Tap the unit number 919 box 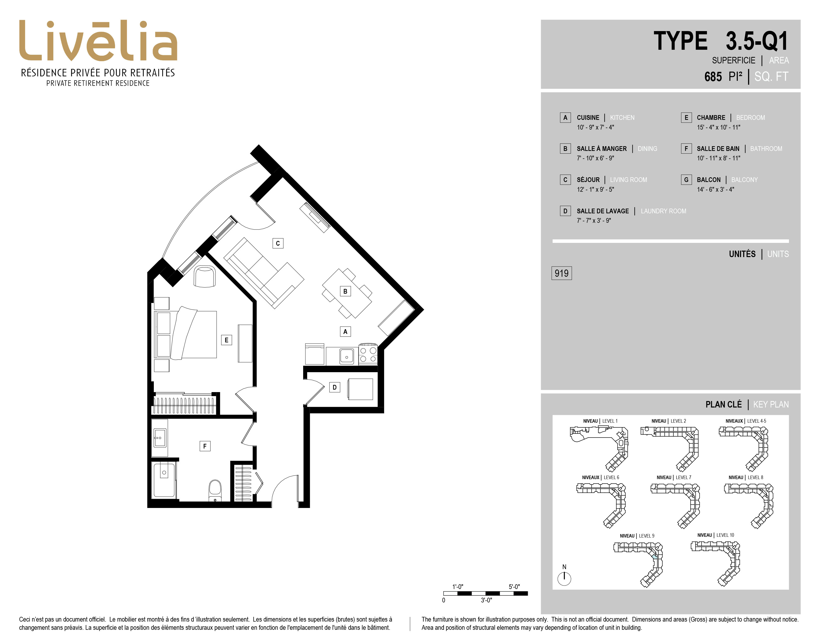[x=561, y=273]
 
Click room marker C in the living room [x=278, y=243]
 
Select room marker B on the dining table [x=345, y=291]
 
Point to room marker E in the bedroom [x=226, y=340]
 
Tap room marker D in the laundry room [x=334, y=387]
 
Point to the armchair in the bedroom [x=205, y=277]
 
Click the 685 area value [x=713, y=77]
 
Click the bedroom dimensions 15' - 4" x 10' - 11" [x=719, y=127]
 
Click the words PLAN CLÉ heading [x=724, y=405]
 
